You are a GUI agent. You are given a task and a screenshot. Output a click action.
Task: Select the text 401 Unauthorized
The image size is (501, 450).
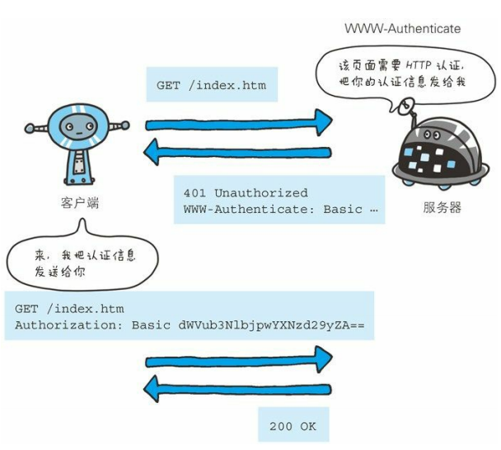[246, 193]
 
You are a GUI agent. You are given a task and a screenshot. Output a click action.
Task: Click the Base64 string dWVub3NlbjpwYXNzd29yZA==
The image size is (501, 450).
[271, 325]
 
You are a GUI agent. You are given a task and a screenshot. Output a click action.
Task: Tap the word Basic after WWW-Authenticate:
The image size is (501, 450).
[343, 210]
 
